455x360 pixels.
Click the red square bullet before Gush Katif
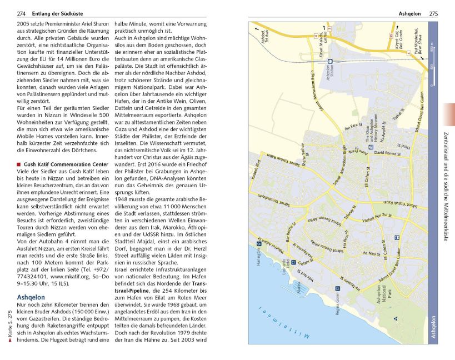[x=19, y=165]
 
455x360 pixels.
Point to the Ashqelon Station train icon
[x=330, y=62]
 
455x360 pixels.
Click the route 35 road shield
[x=392, y=36]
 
